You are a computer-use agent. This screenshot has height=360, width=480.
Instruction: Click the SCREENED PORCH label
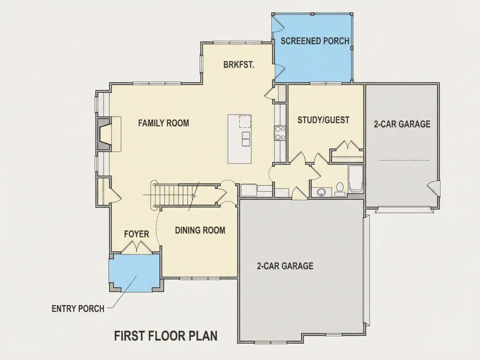(315, 41)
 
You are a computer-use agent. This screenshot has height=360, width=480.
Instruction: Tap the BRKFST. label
(239, 65)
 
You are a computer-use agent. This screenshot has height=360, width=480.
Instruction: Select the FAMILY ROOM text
(164, 123)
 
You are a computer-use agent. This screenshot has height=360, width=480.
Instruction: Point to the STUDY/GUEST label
(323, 120)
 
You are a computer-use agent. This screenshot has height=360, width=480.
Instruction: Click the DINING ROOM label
(200, 230)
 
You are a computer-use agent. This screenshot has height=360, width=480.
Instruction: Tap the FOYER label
(137, 234)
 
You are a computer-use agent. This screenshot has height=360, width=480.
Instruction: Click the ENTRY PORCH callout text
(78, 309)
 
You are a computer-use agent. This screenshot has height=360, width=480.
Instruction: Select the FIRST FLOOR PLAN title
(166, 336)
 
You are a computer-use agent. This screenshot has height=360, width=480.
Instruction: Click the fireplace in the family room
(104, 134)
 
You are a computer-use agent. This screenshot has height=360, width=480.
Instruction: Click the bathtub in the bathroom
(355, 179)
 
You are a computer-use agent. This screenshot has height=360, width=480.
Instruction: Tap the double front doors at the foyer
(137, 247)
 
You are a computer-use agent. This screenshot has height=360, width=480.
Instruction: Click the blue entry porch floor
(135, 272)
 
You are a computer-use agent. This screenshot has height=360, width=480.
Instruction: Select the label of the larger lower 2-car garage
(285, 266)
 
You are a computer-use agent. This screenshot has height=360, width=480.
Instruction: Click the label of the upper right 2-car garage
(402, 123)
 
